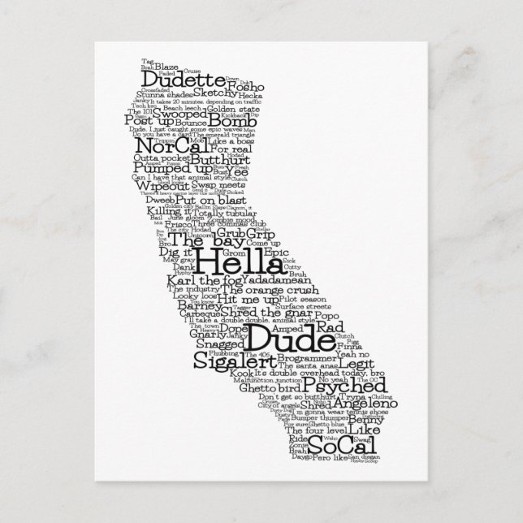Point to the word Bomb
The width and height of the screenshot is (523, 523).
coord(214,123)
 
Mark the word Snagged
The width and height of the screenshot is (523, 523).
coord(218,345)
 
